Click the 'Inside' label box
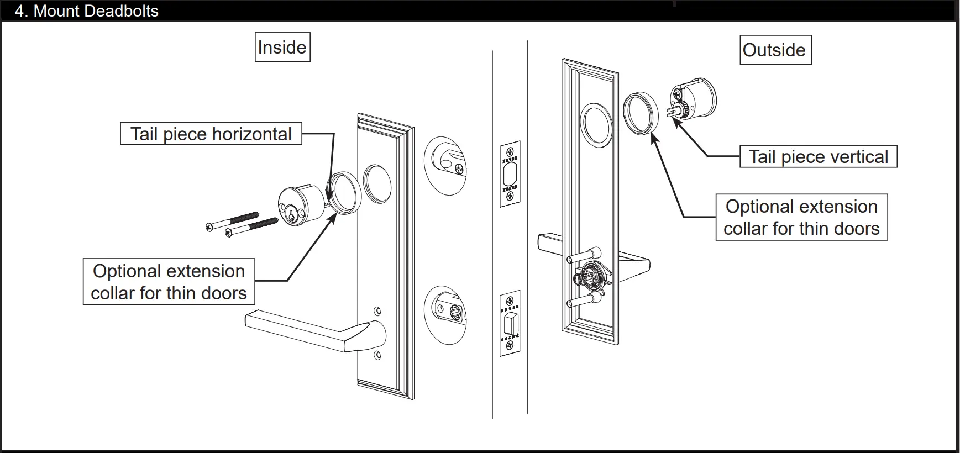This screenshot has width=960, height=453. pyautogui.click(x=282, y=47)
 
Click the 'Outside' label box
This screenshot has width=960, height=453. pyautogui.click(x=775, y=50)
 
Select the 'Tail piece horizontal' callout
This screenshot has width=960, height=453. pyautogui.click(x=211, y=134)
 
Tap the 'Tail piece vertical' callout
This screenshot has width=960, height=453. pyautogui.click(x=818, y=156)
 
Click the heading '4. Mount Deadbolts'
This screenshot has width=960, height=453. pyautogui.click(x=87, y=11)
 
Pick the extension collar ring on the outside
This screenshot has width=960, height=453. pyautogui.click(x=641, y=113)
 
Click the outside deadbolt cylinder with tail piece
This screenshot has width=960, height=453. pyautogui.click(x=694, y=99)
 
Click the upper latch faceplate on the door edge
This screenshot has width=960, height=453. pyautogui.click(x=510, y=173)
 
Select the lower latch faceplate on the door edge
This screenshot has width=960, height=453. pyautogui.click(x=510, y=323)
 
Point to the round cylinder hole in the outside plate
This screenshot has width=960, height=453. pyautogui.click(x=597, y=124)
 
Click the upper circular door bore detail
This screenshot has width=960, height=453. pyautogui.click(x=445, y=165)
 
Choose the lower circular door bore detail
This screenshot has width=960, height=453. pyautogui.click(x=445, y=315)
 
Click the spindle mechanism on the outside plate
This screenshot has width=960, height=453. pyautogui.click(x=590, y=276)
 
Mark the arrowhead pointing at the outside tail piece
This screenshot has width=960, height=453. pyautogui.click(x=675, y=121)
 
